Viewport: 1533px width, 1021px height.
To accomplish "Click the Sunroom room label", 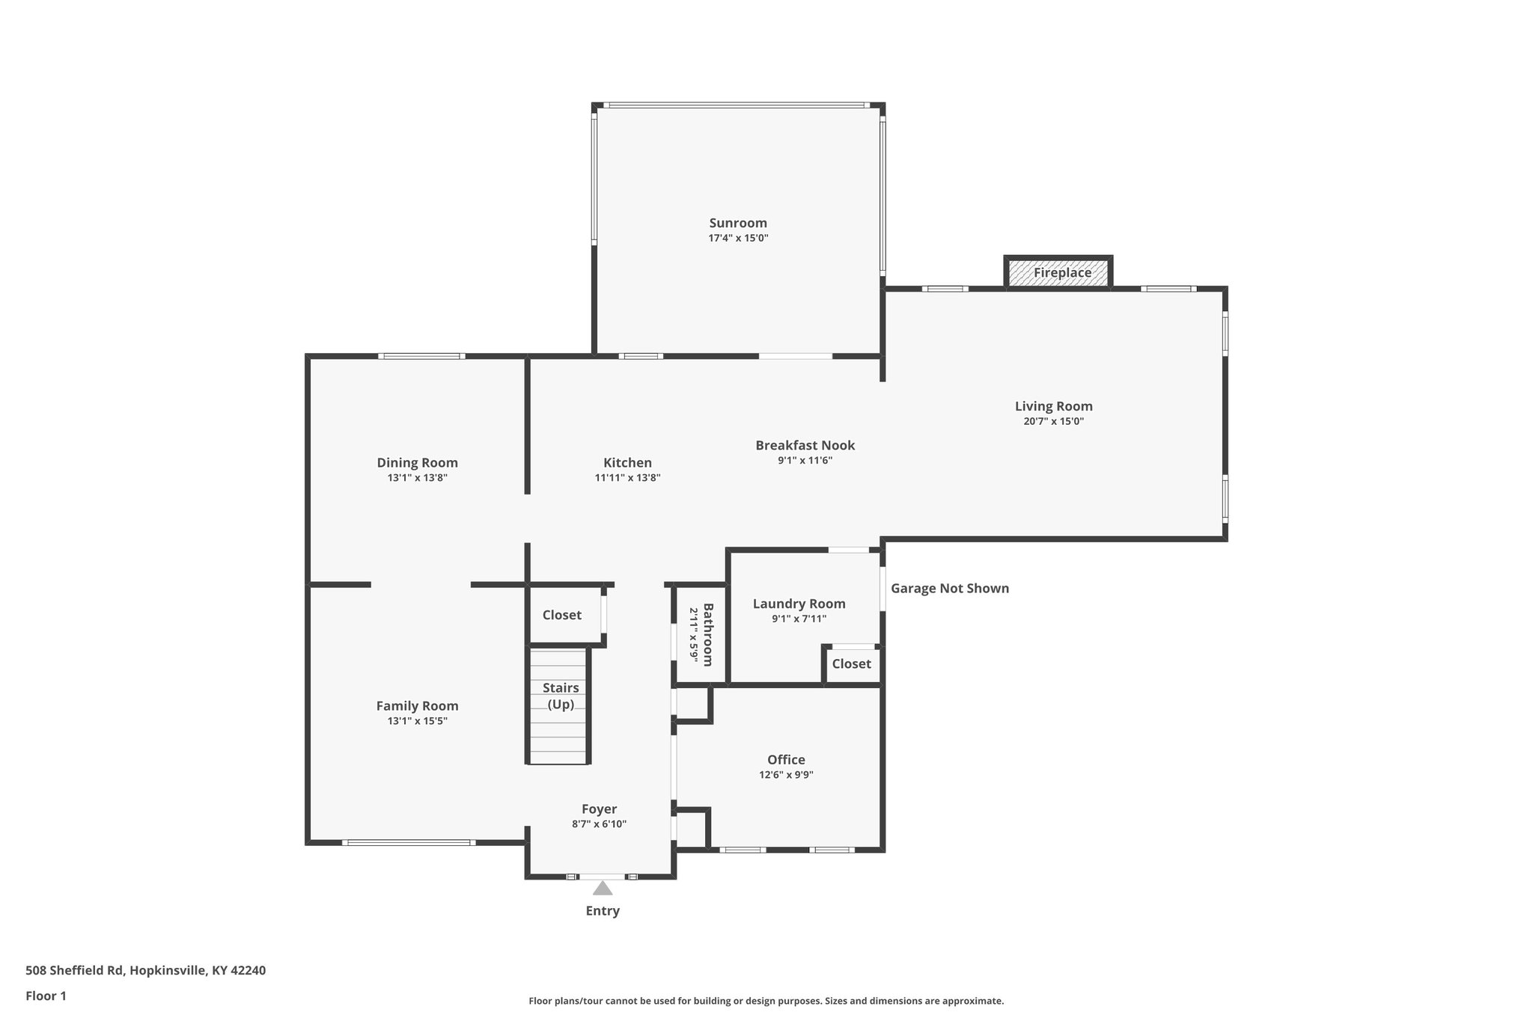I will click(x=738, y=223).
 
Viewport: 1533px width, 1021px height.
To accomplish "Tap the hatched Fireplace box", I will click(x=1058, y=272).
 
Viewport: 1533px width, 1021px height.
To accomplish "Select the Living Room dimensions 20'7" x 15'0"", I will click(x=1053, y=421).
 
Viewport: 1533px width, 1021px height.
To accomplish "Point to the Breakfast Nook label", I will click(x=805, y=445).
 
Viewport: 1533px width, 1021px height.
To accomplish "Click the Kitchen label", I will click(x=627, y=462).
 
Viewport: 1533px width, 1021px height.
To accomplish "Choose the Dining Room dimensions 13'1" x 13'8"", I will click(x=417, y=478).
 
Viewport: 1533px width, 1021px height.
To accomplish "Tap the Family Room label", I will click(x=417, y=705).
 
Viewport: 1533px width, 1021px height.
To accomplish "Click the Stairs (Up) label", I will click(x=560, y=696).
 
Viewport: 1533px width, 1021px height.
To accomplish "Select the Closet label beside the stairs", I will click(x=561, y=615).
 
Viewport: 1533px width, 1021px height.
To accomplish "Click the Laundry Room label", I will click(x=799, y=604).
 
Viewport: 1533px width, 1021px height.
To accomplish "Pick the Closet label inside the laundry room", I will click(x=851, y=663).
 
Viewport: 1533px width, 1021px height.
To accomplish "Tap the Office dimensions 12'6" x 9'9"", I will click(x=786, y=775).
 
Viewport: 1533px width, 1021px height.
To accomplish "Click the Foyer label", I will click(x=599, y=809).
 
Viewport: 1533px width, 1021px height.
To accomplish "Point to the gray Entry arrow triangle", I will click(x=603, y=889).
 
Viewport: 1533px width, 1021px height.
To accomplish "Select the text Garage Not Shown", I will click(x=949, y=588).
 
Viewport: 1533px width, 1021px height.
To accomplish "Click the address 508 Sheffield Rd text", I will click(x=145, y=970).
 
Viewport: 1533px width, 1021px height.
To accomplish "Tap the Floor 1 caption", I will click(x=46, y=996).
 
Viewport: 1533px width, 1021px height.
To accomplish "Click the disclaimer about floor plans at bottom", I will click(x=766, y=1001).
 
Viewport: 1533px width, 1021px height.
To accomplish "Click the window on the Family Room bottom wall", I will click(x=409, y=843).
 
